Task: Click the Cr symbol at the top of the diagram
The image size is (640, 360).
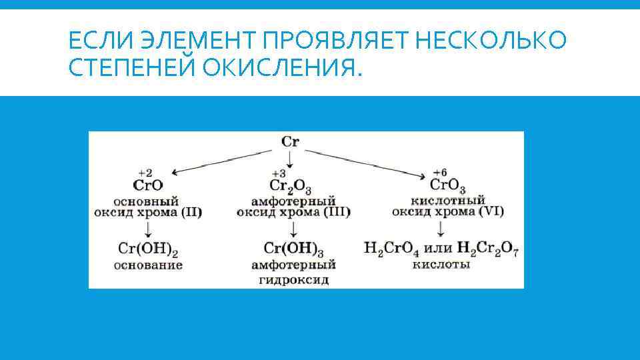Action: [290, 141]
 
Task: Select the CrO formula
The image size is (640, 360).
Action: [147, 185]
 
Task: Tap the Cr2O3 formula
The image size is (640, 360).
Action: [291, 186]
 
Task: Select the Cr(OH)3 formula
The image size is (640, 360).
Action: [293, 249]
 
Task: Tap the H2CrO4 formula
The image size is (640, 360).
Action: [393, 249]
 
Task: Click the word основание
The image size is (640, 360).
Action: [147, 265]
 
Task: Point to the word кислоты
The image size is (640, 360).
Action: [441, 265]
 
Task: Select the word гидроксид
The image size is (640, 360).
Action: [293, 280]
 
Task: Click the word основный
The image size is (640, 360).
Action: [147, 199]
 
